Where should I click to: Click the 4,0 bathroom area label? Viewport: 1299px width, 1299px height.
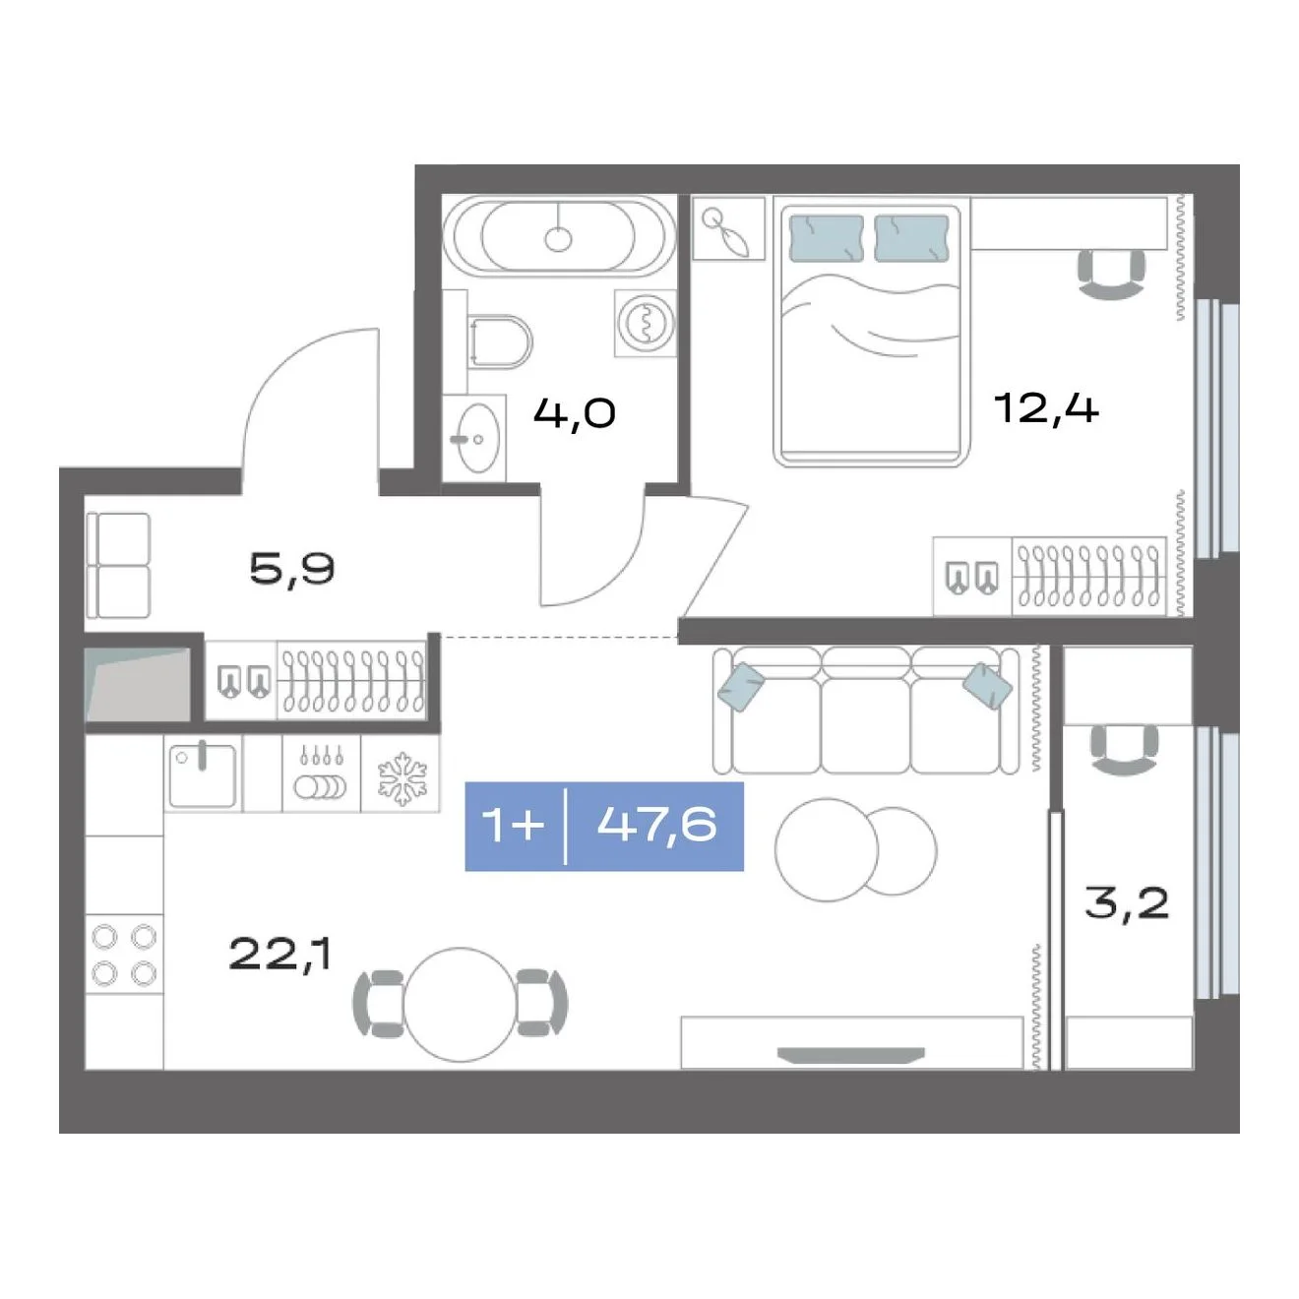point(575,413)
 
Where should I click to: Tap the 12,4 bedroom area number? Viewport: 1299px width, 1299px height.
point(1045,408)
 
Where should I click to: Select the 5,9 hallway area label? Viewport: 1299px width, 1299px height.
point(292,571)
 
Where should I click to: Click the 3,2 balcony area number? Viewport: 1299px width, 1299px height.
point(1127,904)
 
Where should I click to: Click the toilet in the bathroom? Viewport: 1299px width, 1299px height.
point(500,341)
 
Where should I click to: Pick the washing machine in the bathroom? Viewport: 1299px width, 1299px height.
point(646,323)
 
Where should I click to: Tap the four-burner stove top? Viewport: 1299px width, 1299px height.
point(124,956)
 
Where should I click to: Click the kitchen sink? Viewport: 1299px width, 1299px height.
point(203,776)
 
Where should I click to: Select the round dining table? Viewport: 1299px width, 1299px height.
point(461,1005)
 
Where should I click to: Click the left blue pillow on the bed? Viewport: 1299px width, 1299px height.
point(827,237)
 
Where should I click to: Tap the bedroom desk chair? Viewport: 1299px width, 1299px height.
point(1112,273)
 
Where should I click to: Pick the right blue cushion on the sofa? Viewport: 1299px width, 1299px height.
point(988,686)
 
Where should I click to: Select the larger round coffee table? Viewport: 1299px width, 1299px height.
point(827,849)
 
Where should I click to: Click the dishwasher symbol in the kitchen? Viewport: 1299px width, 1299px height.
point(322,773)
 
